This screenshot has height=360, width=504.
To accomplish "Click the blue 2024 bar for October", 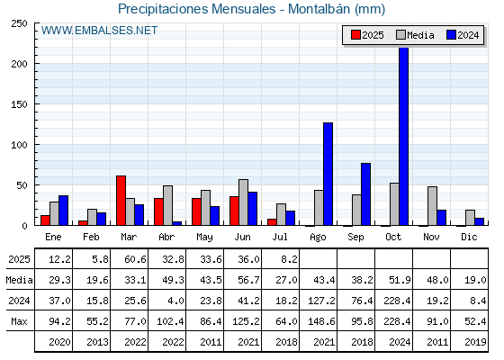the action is coord(404,136).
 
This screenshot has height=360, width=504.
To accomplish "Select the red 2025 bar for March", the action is coord(121,201).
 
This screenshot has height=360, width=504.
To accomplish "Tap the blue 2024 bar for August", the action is coord(328,174).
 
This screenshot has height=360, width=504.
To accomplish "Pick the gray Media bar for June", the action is coord(243,202).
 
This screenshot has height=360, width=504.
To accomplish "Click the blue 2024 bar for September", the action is coord(365,194).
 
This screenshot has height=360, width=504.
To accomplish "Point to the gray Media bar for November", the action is coord(432,206).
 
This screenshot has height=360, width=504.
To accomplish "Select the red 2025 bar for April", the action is coord(158,211).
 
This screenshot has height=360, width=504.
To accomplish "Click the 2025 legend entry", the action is coord(367,35).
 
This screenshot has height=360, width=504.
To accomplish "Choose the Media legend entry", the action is coord(415,35).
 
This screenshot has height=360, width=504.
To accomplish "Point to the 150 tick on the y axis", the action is coord(19,104).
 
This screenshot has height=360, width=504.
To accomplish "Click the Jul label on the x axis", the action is coord(280,238).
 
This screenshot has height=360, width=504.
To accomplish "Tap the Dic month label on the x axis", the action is coord(469,238).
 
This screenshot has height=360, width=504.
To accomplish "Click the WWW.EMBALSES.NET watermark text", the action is coord(99,31).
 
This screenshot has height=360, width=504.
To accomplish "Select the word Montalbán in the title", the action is coord(319,9).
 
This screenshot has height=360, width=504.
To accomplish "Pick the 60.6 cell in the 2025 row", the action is coord(135,259).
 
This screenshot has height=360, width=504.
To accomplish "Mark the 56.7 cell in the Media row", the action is coord(248,280).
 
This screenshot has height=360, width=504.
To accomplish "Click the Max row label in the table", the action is coord(19,321).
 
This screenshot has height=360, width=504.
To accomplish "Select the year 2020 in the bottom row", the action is coord(59,342).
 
